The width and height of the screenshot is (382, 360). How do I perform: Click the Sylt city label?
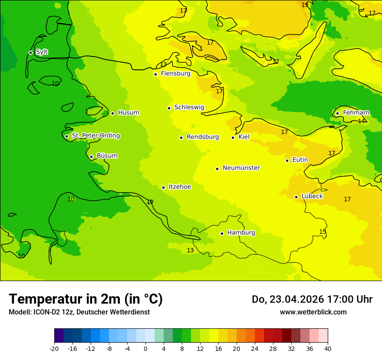pyautogui.click(x=42, y=52)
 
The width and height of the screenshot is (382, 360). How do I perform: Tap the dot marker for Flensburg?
pyautogui.click(x=155, y=74)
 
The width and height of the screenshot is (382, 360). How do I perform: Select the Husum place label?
pyautogui.click(x=128, y=113)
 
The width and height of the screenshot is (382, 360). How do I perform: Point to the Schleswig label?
pyautogui.click(x=189, y=107)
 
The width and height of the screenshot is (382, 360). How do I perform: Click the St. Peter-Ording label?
pyautogui.click(x=95, y=136)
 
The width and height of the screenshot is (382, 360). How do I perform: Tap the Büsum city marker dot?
pyautogui.click(x=91, y=157)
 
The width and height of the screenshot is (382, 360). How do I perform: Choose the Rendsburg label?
pyautogui.click(x=202, y=137)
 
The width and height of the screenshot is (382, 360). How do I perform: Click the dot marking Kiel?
pyautogui.click(x=233, y=137)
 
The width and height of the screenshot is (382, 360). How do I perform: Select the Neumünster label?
pyautogui.click(x=241, y=168)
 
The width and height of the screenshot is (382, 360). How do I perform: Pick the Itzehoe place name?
pyautogui.click(x=179, y=187)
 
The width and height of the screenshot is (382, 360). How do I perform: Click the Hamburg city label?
pyautogui.click(x=241, y=232)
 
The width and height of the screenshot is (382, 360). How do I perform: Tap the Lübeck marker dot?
pyautogui.click(x=296, y=197)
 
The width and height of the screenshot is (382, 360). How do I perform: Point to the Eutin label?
pyautogui.click(x=300, y=160)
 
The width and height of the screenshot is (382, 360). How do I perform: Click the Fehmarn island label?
pyautogui.click(x=356, y=113)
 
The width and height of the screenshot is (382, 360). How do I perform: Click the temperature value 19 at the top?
pyautogui.click(x=305, y=5)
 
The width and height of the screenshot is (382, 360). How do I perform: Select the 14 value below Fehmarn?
pyautogui.click(x=361, y=121)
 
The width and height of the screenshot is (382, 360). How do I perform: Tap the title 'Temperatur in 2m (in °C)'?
pyautogui.click(x=86, y=299)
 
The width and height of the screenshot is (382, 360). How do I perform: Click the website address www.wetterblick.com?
pyautogui.click(x=313, y=312)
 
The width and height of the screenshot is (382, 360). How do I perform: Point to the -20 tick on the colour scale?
pyautogui.click(x=54, y=349)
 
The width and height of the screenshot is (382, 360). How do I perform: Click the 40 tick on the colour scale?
pyautogui.click(x=328, y=349)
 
